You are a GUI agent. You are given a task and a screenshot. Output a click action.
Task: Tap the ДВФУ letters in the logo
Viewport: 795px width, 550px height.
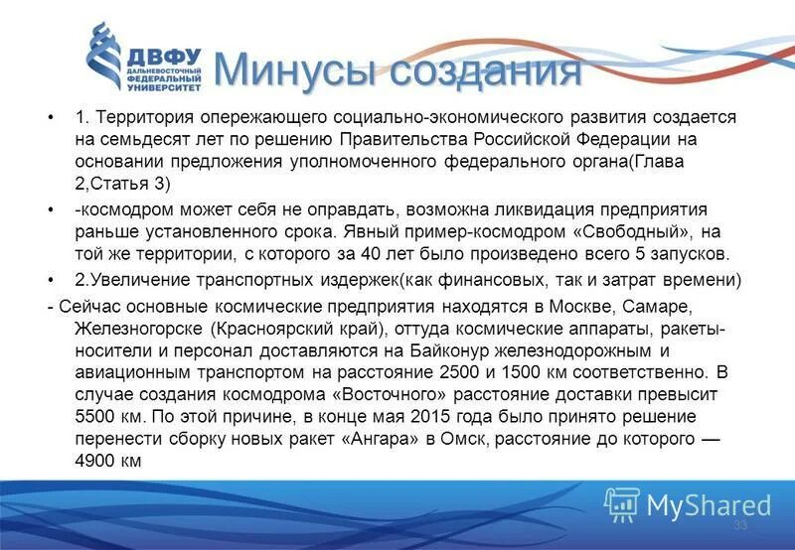[x=163, y=57]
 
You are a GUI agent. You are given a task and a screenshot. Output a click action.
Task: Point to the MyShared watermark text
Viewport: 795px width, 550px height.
[x=708, y=504]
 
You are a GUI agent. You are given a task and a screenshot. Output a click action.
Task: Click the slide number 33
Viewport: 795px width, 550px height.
[x=739, y=525]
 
